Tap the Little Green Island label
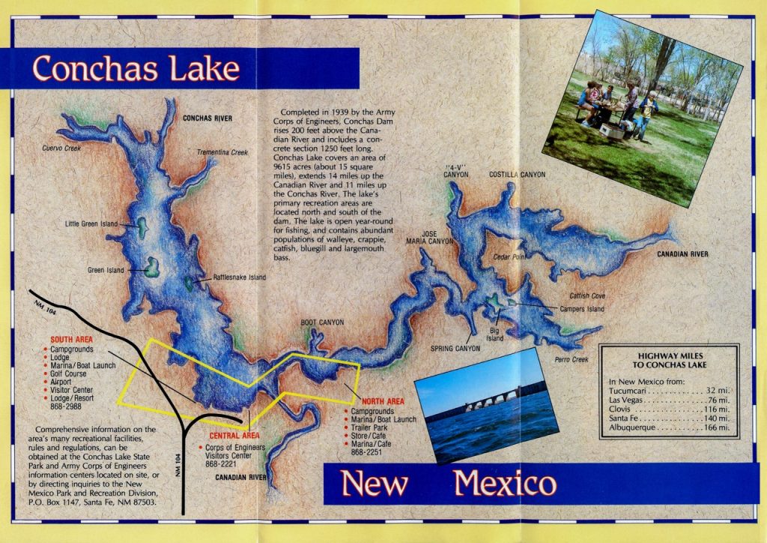91,223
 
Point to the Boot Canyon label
322,322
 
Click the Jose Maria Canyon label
429,238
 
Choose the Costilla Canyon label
517,175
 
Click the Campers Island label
581,308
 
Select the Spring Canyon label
455,349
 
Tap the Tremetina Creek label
222,152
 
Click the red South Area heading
72,340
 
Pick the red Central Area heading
234,436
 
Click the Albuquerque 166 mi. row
668,427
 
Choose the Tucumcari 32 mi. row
668,391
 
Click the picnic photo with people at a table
641,109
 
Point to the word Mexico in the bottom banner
505,484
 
